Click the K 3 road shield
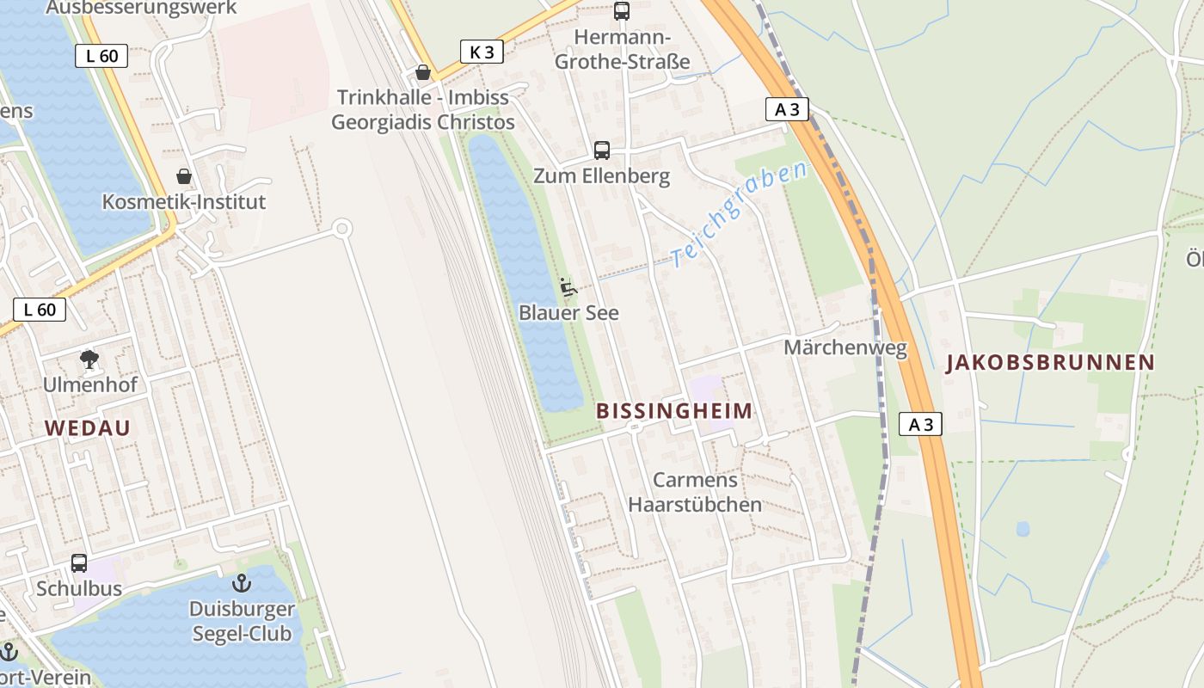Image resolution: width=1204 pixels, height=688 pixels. [481, 52]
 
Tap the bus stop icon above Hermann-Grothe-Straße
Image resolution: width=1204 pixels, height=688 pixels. [621, 11]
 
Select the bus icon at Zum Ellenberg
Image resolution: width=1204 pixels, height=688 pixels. [602, 150]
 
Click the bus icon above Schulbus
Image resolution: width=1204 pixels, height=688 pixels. [79, 563]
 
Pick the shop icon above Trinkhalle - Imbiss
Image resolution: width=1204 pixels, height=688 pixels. [423, 72]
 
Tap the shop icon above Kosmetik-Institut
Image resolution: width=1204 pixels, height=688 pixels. [184, 176]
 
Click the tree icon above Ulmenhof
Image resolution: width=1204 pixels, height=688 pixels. [89, 359]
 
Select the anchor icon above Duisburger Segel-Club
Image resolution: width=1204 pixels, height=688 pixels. [242, 583]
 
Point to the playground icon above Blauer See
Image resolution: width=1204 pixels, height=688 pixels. [568, 287]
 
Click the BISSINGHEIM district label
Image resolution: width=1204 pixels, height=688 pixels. [674, 411]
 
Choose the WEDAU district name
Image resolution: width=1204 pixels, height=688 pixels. [87, 428]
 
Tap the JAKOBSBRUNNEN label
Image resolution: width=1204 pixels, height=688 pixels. [1050, 363]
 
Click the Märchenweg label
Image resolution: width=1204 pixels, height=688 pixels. [845, 347]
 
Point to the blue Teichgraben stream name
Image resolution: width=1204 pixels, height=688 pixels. [740, 212]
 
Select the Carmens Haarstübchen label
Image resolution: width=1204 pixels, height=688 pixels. [695, 492]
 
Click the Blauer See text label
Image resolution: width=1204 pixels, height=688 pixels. [568, 313]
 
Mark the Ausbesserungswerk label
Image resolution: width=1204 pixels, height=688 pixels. [141, 8]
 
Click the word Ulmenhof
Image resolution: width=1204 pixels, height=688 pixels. [89, 384]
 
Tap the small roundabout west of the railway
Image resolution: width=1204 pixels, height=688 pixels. [342, 228]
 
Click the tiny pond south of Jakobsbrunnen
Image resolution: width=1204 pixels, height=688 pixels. [1023, 528]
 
